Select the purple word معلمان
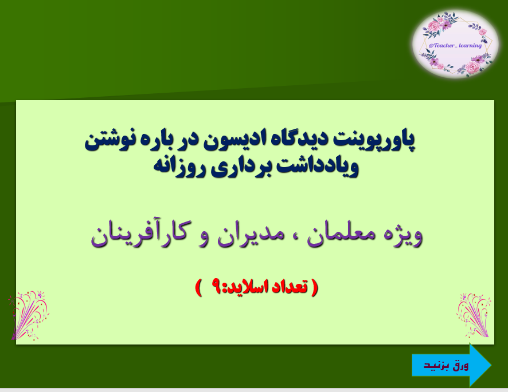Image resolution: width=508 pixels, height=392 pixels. click(338, 235)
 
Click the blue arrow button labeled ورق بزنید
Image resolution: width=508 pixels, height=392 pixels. click(450, 365)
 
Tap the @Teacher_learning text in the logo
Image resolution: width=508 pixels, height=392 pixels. click(455, 45)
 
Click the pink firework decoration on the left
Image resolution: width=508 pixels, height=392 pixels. click(29, 314)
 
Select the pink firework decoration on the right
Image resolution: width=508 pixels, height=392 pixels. click(474, 314)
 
